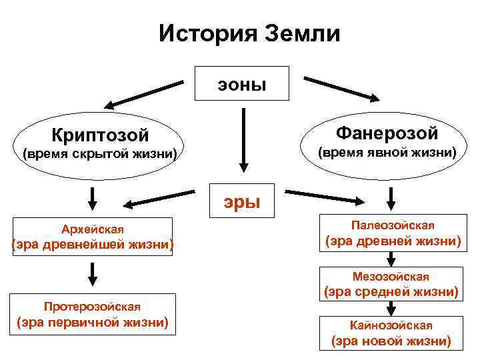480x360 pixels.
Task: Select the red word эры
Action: pos(241,199)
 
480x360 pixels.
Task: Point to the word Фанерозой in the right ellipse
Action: pos(387,133)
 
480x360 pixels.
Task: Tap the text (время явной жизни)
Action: pos(387,153)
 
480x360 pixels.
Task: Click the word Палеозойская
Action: pos(393,225)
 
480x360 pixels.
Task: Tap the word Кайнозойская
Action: pos(391,325)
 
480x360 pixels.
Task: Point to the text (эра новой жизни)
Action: pos(391,342)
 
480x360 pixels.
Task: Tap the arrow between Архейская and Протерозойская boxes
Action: pos(92,273)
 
